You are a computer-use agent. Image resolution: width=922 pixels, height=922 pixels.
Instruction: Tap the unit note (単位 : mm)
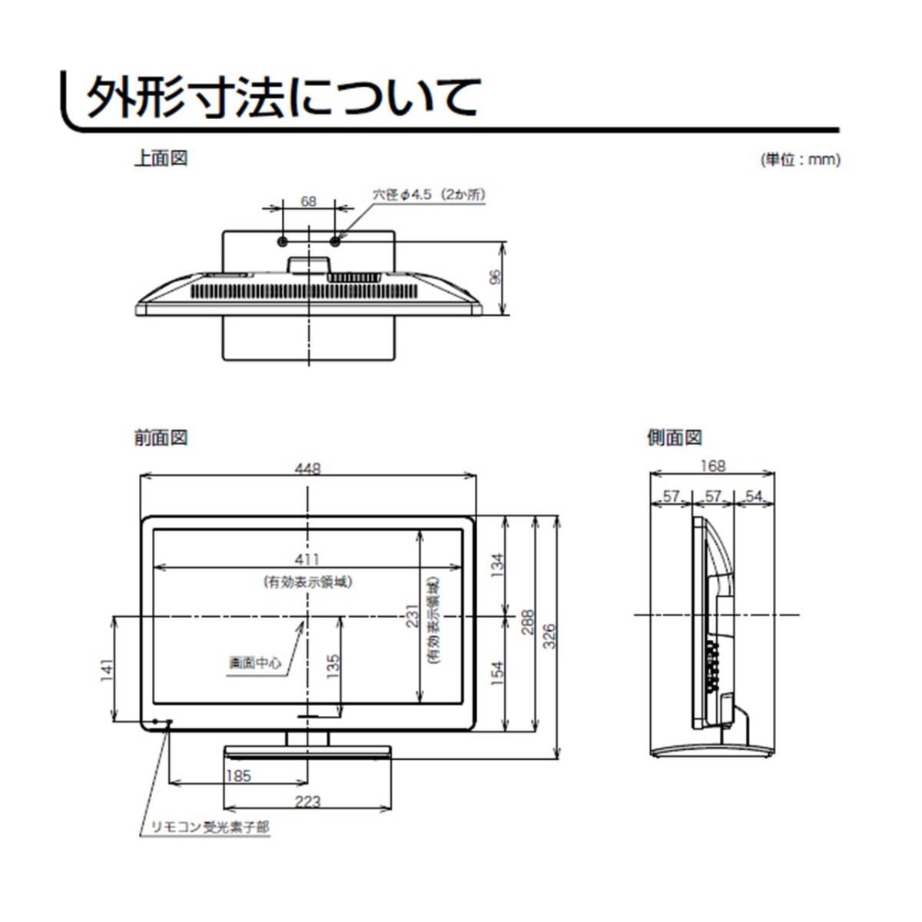800,161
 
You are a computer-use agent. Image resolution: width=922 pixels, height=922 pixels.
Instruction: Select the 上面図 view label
160,158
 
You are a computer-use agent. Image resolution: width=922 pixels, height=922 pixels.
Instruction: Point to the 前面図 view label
160,438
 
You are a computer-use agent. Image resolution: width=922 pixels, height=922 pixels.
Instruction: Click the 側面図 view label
674,438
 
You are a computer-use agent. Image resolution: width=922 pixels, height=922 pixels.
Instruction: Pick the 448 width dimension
307,469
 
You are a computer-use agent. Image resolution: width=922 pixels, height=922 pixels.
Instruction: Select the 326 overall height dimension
549,637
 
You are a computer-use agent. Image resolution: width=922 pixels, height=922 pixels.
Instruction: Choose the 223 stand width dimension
307,801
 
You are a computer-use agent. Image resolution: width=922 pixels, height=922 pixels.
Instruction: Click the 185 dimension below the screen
238,776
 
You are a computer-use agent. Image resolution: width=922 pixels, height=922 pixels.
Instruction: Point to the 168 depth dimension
712,466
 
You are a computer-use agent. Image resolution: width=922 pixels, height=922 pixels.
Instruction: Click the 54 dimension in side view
754,497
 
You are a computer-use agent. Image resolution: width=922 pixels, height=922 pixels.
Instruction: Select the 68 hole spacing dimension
308,201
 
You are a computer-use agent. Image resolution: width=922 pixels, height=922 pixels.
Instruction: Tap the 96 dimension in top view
496,277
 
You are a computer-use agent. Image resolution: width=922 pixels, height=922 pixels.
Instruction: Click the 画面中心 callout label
255,662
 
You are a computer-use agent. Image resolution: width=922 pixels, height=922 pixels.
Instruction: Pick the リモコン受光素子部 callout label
209,827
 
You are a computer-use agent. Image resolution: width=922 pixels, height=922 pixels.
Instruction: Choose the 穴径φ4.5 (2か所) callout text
429,195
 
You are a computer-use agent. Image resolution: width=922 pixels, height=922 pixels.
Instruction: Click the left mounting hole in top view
282,241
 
